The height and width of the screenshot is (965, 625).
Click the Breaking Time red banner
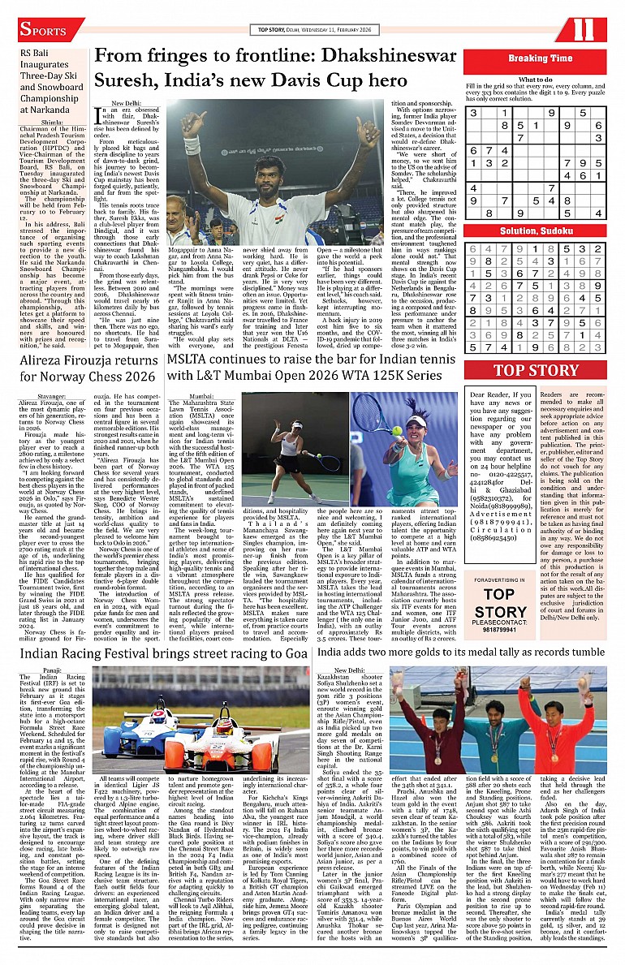(x=540, y=58)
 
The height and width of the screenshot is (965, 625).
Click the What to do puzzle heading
(x=536, y=80)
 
